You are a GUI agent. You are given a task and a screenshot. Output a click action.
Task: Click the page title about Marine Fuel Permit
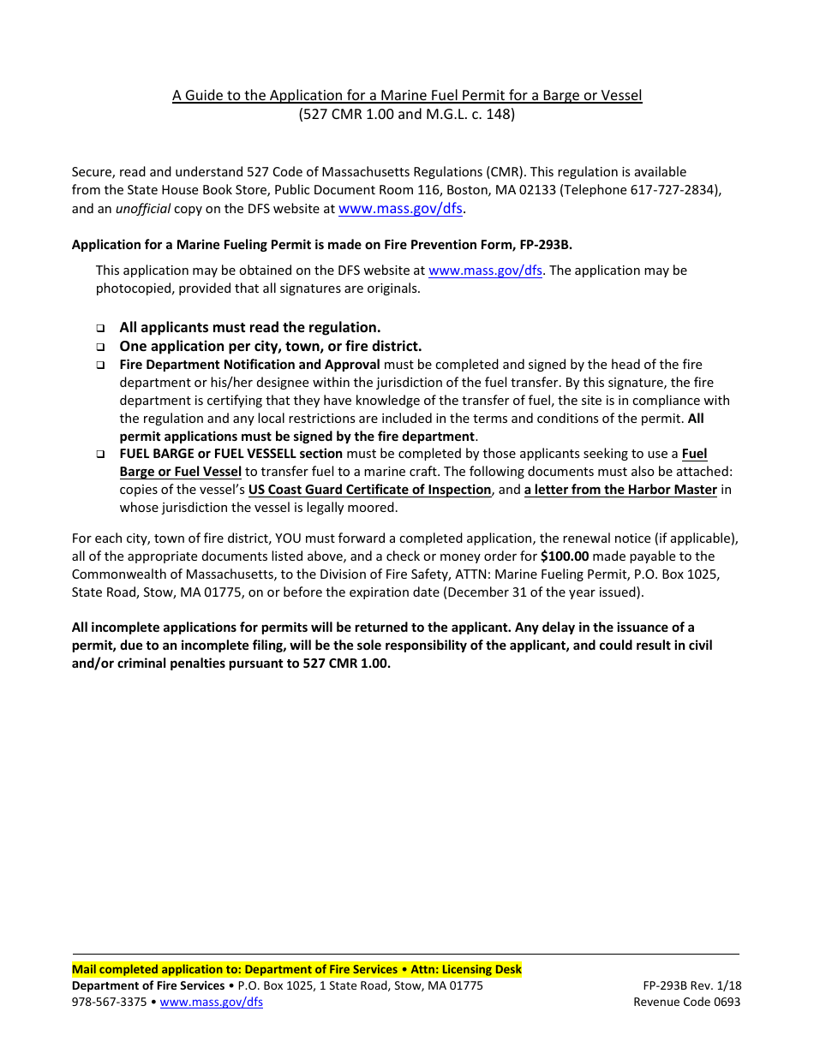(x=407, y=95)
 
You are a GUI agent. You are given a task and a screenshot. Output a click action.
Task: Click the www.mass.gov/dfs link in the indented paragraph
(x=485, y=271)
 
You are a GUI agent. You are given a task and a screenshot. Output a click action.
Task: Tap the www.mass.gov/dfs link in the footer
(x=212, y=1002)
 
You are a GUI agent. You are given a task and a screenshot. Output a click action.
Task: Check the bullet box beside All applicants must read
(x=100, y=328)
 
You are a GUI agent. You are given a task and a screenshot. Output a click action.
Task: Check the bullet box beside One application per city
(x=100, y=347)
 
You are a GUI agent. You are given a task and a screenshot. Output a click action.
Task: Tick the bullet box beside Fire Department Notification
(x=100, y=365)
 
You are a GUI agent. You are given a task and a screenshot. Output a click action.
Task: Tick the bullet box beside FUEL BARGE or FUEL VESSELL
(x=100, y=455)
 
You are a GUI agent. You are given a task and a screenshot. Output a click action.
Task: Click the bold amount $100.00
(x=565, y=556)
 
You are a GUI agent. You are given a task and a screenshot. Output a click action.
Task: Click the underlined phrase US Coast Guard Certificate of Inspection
(x=369, y=491)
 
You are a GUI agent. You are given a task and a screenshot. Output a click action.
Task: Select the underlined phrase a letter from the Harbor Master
(x=620, y=491)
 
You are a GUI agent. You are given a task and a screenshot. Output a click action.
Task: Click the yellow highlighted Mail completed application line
(x=296, y=970)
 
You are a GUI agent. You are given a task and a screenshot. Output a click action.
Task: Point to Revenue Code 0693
(x=687, y=1002)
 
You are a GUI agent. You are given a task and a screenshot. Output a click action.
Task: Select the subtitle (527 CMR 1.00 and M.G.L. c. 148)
(x=407, y=114)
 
